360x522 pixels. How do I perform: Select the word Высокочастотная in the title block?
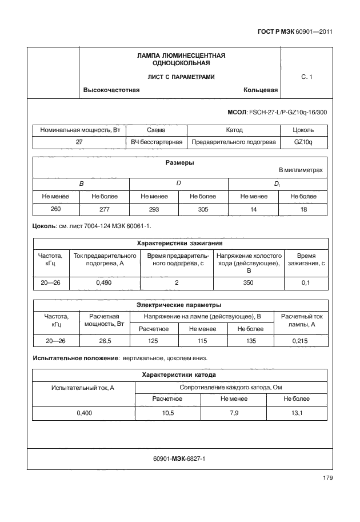tap(111, 90)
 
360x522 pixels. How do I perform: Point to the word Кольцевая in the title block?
tap(260, 90)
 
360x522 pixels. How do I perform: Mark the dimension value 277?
tap(105, 209)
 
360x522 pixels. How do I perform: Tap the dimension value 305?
tap(203, 209)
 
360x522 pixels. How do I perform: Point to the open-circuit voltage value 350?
tap(249, 282)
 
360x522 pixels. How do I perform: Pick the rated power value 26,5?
tap(105, 341)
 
